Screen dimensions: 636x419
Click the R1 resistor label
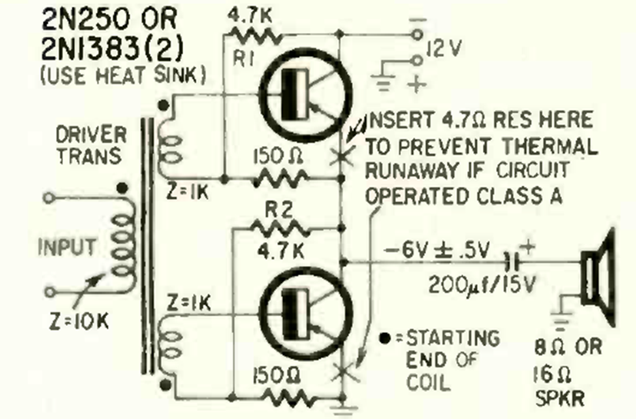pos(243,60)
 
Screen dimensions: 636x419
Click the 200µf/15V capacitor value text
pos(482,284)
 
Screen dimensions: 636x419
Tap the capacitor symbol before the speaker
pos(513,262)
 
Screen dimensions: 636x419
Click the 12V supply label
pos(443,48)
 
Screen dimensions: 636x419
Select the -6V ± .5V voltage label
pos(437,251)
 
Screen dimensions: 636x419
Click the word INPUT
pos(67,247)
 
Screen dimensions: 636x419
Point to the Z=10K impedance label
pos(79,321)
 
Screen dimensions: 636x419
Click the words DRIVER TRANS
pos(91,145)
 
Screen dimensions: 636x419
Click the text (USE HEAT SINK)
pos(124,75)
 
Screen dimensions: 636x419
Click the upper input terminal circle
pos(48,198)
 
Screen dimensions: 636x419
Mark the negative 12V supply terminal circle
pos(417,35)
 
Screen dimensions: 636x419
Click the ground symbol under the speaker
pos(560,321)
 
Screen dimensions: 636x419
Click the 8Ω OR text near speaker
pos(568,348)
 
